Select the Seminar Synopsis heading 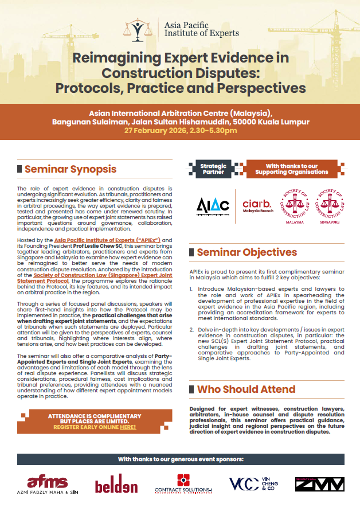pos(70,169)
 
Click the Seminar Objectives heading pos(246,252)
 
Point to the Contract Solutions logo pos(183,485)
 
